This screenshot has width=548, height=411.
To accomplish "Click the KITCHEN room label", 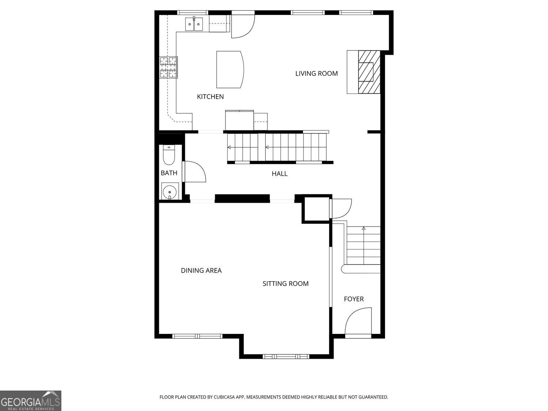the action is [210, 96].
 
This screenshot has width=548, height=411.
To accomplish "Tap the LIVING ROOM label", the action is [316, 73].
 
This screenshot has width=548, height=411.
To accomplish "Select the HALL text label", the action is [279, 174].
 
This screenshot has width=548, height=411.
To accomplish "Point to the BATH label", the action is [169, 173].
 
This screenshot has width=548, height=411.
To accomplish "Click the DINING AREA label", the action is [201, 270].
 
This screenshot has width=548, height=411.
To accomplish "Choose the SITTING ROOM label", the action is [285, 283].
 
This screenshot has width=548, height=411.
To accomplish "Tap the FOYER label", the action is [354, 299].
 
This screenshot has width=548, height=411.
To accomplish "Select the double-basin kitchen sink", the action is [194, 24].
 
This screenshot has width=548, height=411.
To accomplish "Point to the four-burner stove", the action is [168, 67].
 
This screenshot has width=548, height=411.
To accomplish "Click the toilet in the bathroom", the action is [168, 155].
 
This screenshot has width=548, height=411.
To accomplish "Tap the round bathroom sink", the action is [170, 191].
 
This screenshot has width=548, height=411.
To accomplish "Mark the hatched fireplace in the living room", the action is [369, 72].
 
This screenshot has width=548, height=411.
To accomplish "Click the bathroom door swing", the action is [195, 171].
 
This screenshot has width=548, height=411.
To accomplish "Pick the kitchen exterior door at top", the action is [243, 24].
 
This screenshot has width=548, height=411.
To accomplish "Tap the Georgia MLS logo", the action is [30, 401].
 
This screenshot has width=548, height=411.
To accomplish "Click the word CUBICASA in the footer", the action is [225, 397].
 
